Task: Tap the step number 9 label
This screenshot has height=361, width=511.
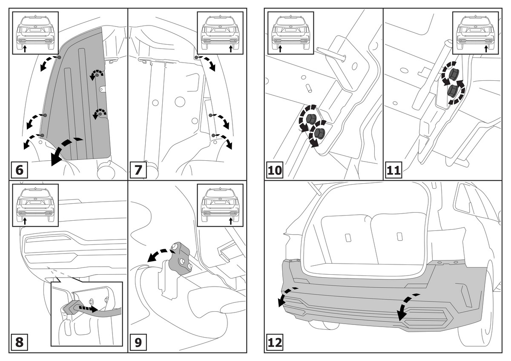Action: [x=138, y=342]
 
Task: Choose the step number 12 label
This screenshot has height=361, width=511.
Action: [x=276, y=342]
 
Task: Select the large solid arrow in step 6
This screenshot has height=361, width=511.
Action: [x=64, y=151]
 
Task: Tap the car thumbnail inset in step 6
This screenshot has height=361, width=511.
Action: [x=35, y=33]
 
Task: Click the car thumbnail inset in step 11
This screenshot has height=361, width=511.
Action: [x=475, y=33]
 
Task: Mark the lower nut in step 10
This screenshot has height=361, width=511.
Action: [x=319, y=132]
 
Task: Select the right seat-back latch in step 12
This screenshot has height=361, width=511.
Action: [x=399, y=236]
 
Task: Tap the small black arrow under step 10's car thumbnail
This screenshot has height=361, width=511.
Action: [x=280, y=48]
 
